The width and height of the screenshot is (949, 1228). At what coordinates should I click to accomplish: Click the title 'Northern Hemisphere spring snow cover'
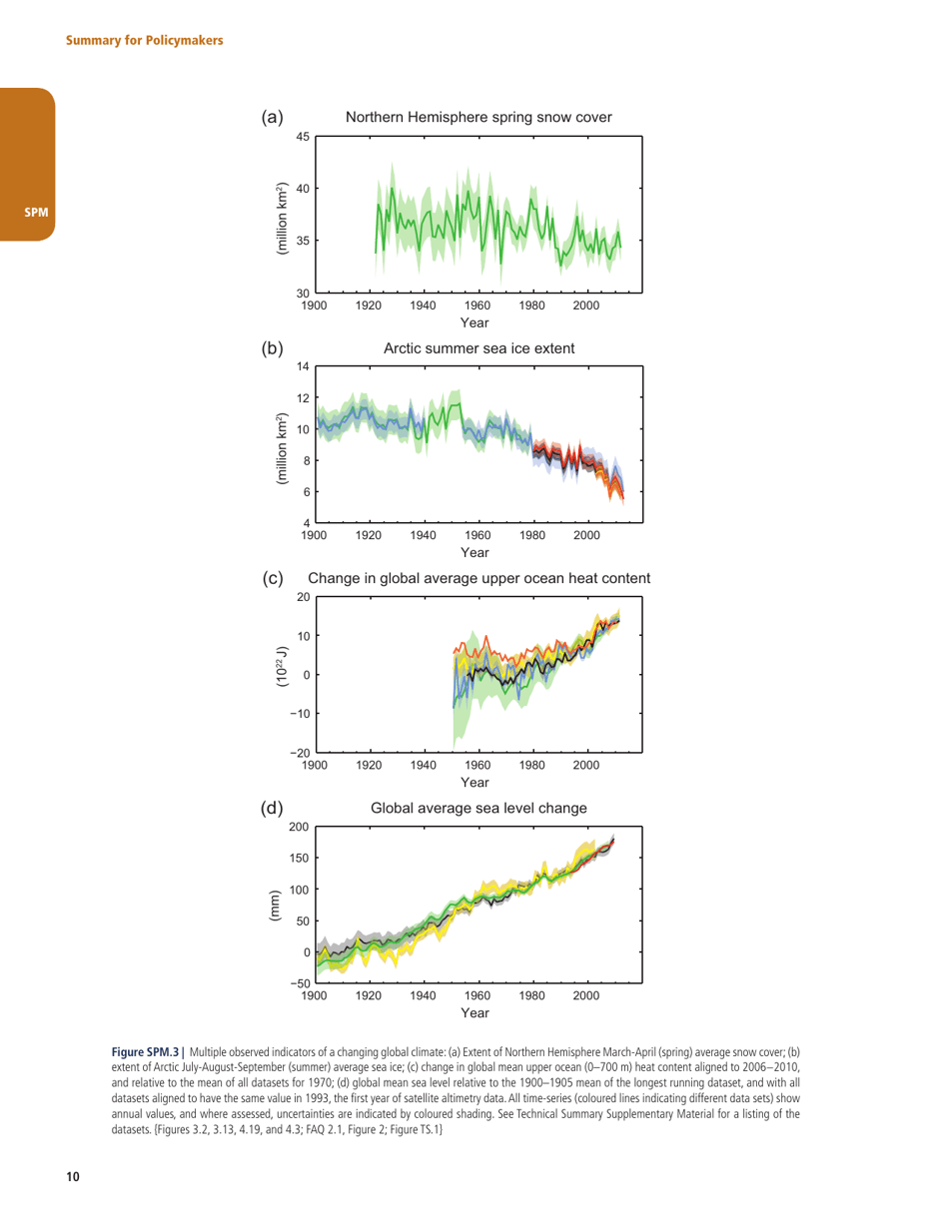(477, 118)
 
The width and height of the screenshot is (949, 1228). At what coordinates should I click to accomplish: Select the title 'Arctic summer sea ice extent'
(476, 348)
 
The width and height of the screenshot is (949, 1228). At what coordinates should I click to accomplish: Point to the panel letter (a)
(272, 118)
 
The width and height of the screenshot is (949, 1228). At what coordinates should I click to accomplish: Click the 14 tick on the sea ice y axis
(304, 367)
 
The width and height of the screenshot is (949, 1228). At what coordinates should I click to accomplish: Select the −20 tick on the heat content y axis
(300, 752)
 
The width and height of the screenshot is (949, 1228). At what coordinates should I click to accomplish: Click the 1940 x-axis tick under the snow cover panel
(424, 306)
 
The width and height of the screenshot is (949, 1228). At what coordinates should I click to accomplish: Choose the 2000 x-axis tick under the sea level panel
(586, 995)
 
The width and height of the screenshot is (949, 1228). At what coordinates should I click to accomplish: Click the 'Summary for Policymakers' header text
(144, 40)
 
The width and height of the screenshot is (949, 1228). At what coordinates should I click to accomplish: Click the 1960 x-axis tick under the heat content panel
(477, 766)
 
